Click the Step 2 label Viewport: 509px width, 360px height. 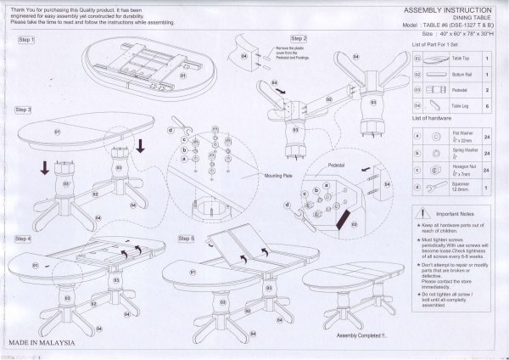click(299, 40)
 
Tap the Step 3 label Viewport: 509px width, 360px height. click(24, 110)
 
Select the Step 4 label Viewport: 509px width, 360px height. click(24, 239)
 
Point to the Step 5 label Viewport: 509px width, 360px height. click(187, 239)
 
